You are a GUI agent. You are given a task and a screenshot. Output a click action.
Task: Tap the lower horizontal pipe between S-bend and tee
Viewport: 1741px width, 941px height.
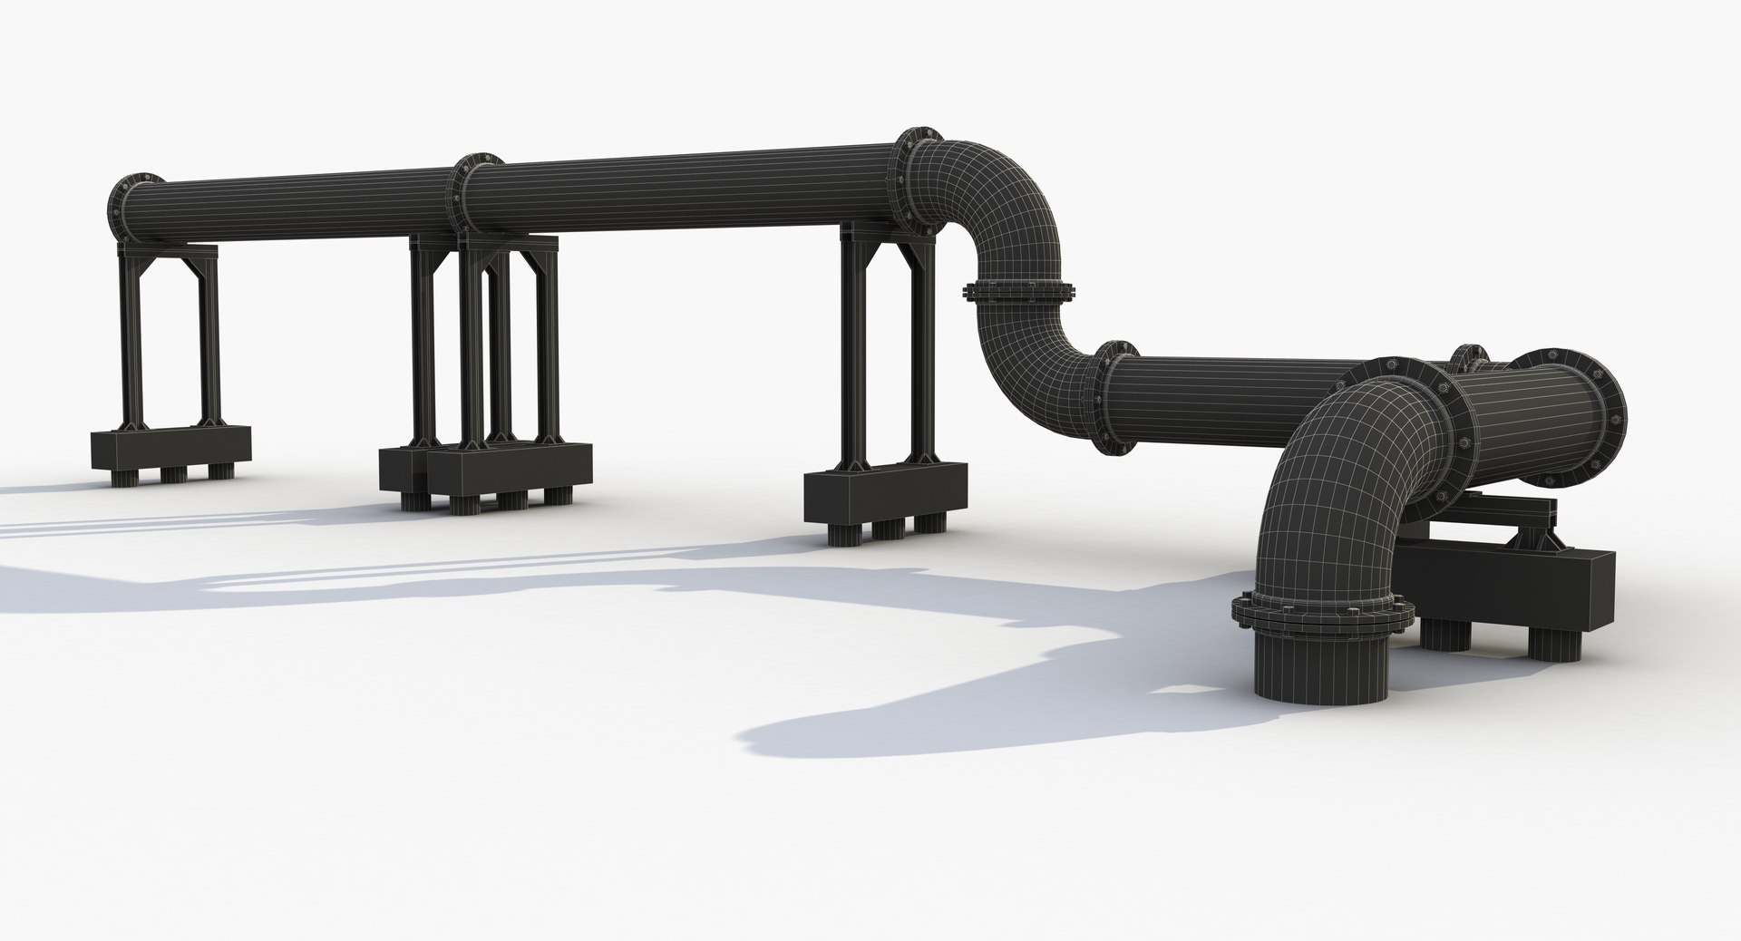coord(1233,399)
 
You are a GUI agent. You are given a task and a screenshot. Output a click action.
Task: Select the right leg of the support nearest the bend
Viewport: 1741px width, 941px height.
coord(923,354)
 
